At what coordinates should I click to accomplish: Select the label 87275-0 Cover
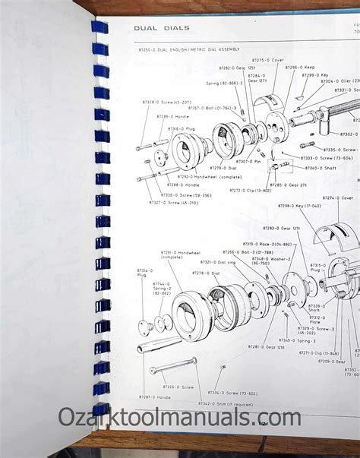pyautogui.click(x=267, y=60)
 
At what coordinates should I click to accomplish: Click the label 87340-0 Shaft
pyautogui.click(x=317, y=168)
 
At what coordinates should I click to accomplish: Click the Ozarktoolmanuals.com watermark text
pyautogui.click(x=180, y=418)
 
